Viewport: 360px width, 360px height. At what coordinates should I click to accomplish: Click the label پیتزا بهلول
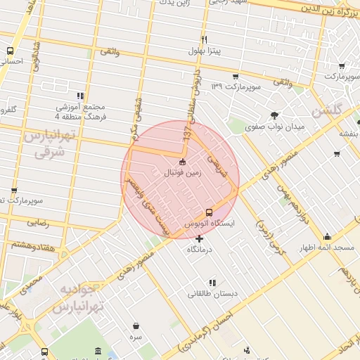pyautogui.click(x=204, y=51)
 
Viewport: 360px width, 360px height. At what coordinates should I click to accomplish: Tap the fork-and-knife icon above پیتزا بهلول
pyautogui.click(x=204, y=39)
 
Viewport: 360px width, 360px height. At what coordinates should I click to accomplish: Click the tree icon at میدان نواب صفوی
pyautogui.click(x=274, y=115)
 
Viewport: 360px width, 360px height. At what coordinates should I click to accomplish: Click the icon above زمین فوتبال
pyautogui.click(x=183, y=162)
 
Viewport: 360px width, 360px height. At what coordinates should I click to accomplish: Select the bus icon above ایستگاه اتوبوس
pyautogui.click(x=209, y=212)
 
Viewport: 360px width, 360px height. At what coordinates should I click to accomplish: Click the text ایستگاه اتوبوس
pyautogui.click(x=209, y=223)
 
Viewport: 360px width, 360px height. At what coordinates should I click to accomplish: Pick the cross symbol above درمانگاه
pyautogui.click(x=200, y=239)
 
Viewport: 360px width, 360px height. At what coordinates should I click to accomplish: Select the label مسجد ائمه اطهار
pyautogui.click(x=328, y=248)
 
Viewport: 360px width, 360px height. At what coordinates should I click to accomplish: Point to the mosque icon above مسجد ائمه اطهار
pyautogui.click(x=328, y=237)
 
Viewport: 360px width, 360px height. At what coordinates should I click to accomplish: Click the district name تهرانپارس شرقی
pyautogui.click(x=48, y=143)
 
